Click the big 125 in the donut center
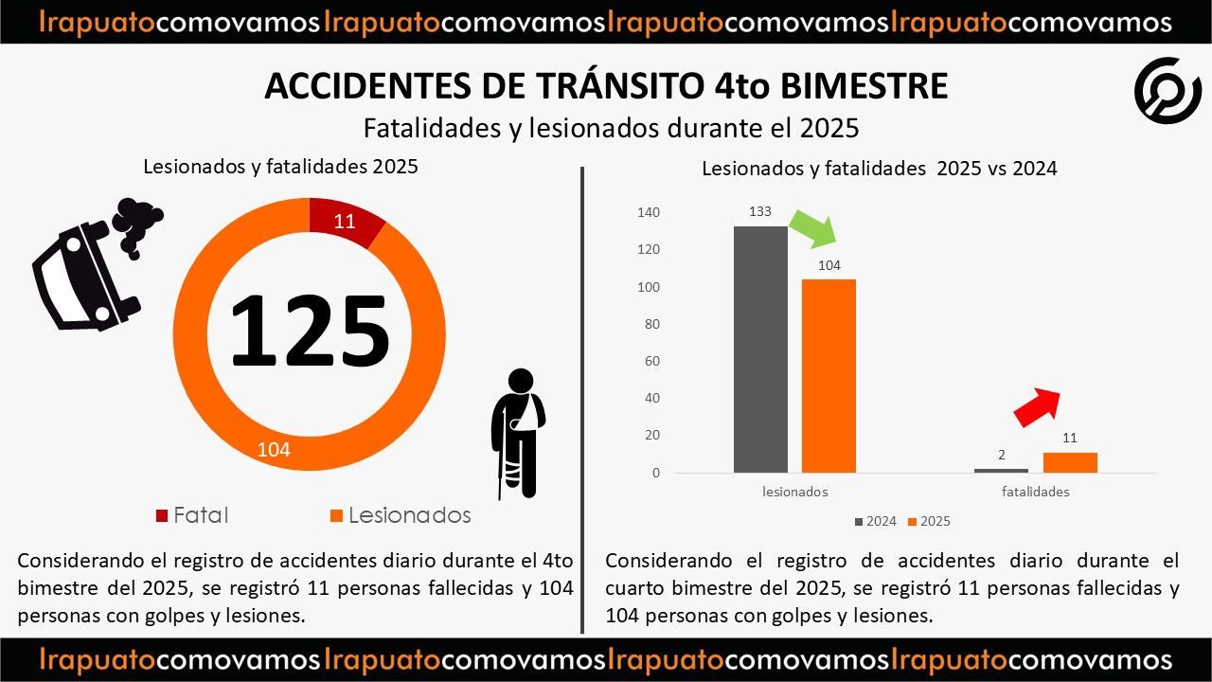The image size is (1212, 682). click(310, 332)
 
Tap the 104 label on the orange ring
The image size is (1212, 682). click(274, 450)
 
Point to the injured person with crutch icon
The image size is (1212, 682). click(519, 432)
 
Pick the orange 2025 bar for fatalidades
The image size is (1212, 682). click(1070, 462)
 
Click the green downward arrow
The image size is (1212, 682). click(812, 228)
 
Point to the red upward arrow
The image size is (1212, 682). click(1038, 405)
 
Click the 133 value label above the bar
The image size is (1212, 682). click(760, 212)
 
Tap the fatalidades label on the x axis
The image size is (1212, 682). click(1036, 493)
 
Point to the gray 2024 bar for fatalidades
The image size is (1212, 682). click(1001, 470)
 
